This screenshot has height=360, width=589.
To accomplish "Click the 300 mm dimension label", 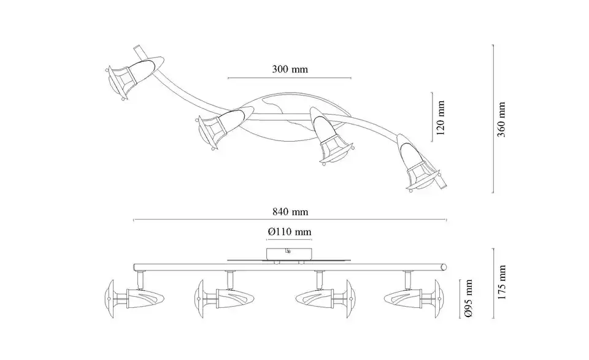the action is (290, 69).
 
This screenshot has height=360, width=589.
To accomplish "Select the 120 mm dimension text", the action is (441, 118).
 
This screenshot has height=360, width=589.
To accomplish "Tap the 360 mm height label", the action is (501, 120).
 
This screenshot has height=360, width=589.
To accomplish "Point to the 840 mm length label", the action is (290, 212).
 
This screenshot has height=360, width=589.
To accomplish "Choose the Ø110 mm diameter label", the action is (290, 232).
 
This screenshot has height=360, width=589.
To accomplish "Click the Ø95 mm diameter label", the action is (468, 299).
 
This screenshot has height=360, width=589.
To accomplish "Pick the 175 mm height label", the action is (501, 282).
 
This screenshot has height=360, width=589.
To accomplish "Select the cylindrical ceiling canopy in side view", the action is (288, 254).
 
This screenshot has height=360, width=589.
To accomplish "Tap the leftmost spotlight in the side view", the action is (134, 299).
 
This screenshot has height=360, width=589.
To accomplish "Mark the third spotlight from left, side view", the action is (325, 299).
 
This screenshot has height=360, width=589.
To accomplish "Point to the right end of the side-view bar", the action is (445, 267).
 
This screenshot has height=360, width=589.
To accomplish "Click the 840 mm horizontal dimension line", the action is (290, 220).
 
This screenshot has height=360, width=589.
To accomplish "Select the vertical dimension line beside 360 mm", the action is (493, 118).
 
